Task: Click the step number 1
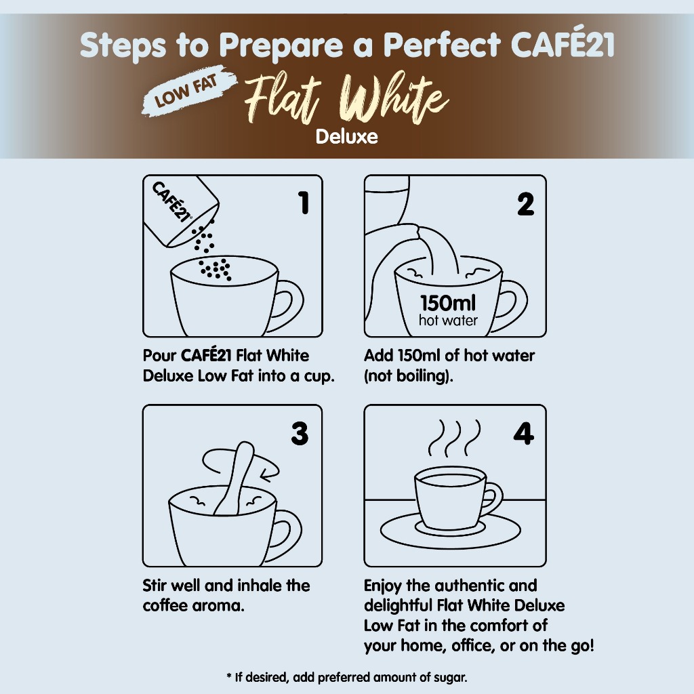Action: (x=304, y=203)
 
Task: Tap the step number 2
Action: (x=525, y=204)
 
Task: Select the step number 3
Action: (x=300, y=433)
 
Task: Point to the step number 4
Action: (x=524, y=433)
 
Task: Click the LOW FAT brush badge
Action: (x=188, y=91)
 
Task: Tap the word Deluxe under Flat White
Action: (x=346, y=137)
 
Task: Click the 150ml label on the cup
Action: (x=448, y=303)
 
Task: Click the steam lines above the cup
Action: (x=454, y=438)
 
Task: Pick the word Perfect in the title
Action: (x=442, y=45)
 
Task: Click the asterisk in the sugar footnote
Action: (x=229, y=676)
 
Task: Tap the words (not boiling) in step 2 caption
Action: (x=409, y=376)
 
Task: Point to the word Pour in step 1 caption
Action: (x=159, y=355)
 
